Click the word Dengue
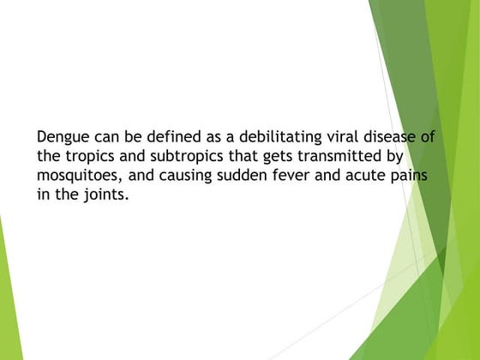[x=62, y=137]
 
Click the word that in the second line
[x=229, y=157]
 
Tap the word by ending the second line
[x=393, y=157]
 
